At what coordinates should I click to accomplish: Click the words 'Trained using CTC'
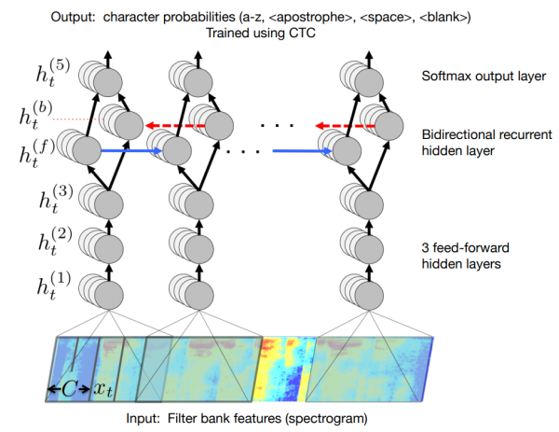point(265,32)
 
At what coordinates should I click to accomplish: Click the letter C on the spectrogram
point(69,387)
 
